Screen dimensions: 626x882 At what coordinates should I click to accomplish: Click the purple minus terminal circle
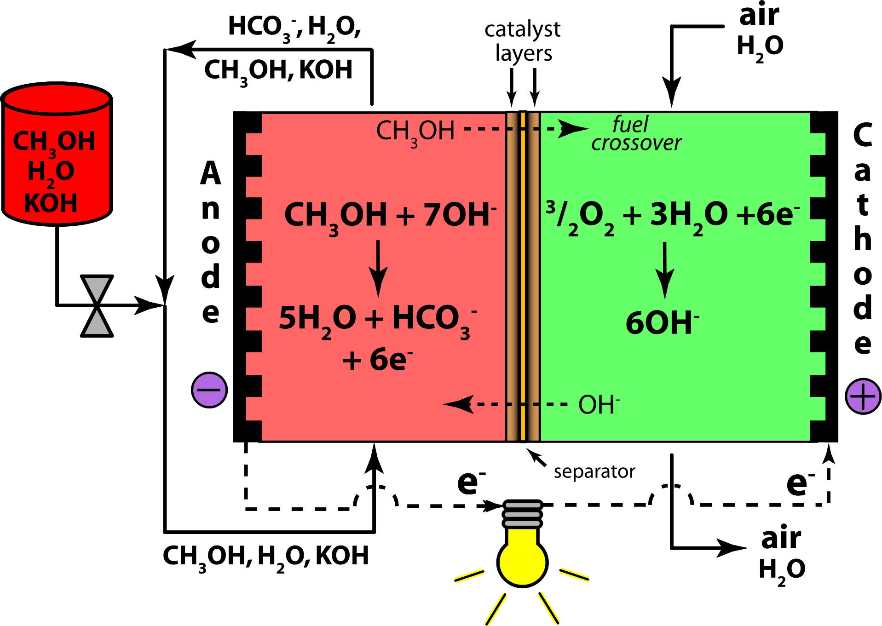pos(209,390)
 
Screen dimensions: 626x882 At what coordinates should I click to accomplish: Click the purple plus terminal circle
pos(863,396)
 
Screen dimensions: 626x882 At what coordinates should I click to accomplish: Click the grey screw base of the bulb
pos(522,514)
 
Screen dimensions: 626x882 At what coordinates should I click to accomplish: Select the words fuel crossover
pos(635,134)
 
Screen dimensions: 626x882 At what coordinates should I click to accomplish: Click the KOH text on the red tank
pos(51,203)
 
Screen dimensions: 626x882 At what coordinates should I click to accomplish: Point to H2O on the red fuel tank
pos(51,172)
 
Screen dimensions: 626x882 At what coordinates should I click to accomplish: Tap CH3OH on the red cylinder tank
pos(54,142)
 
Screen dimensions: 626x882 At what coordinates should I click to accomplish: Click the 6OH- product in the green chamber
pos(662,322)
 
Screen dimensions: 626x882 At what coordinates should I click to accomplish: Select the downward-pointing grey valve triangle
pos(97,288)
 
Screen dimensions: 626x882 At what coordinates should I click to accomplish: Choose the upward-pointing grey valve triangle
pos(97,323)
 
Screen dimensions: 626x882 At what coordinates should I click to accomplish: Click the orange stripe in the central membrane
pos(523,276)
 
